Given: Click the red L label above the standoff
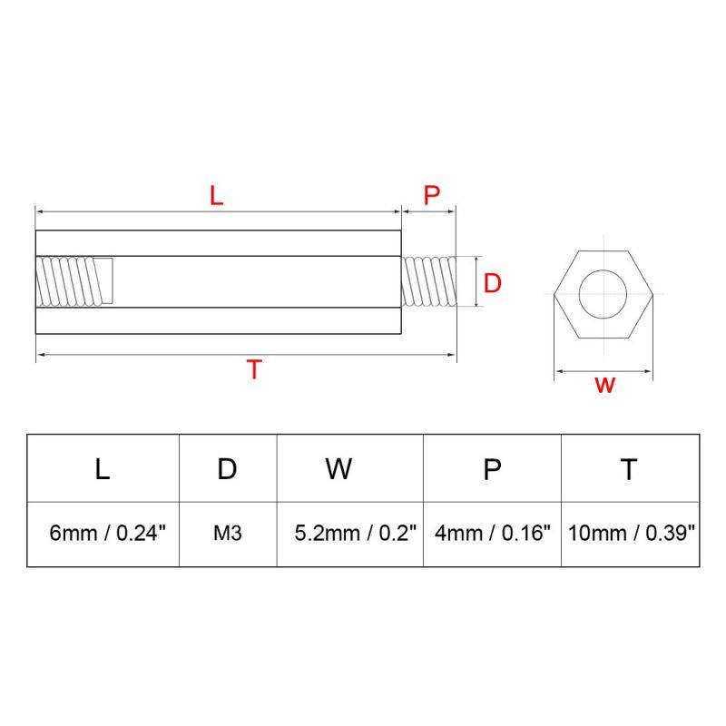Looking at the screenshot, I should [x=216, y=195].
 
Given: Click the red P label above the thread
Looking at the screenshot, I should [x=432, y=195].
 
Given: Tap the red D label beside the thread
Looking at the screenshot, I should [x=492, y=283].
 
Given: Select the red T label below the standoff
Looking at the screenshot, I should [x=255, y=370].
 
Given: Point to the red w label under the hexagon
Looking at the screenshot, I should [x=604, y=385].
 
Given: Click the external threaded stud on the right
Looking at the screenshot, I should [x=428, y=281].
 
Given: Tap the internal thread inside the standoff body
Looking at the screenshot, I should [x=74, y=281].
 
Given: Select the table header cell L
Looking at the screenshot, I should [x=103, y=468].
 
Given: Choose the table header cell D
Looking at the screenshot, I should [x=227, y=468].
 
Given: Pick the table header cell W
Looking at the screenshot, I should [x=338, y=468].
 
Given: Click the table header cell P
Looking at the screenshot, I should [x=492, y=468].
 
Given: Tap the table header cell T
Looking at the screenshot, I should [x=629, y=468].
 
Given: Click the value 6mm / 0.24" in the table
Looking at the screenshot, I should [x=109, y=534].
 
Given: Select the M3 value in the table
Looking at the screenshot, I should [x=227, y=534].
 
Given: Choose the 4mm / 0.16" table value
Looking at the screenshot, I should [x=493, y=534].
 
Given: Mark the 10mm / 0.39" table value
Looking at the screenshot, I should [x=632, y=534].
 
